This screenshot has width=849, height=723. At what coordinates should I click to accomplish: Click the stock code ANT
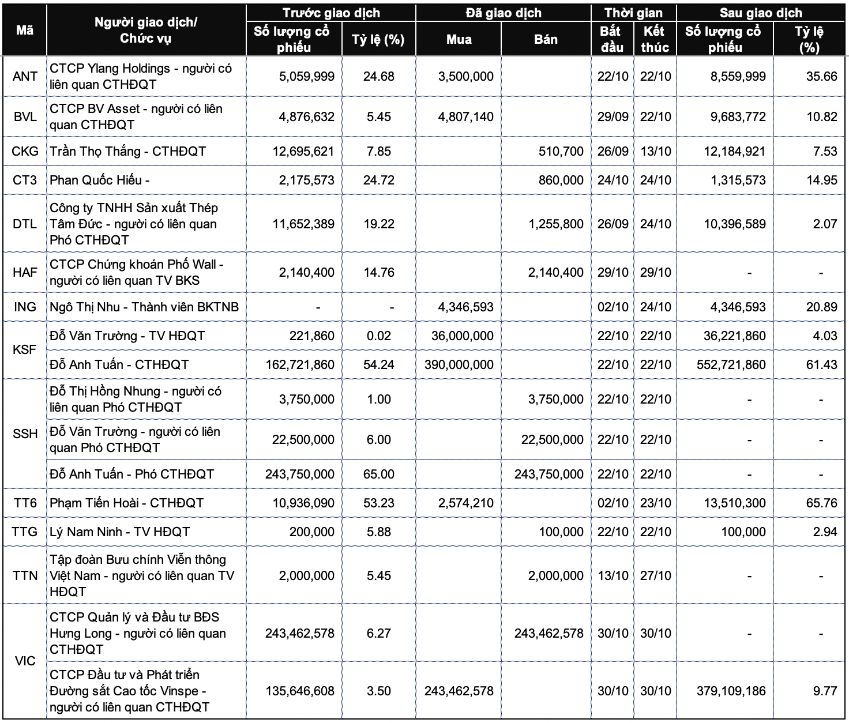pyautogui.click(x=25, y=76)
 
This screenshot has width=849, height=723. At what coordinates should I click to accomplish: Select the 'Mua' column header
pyautogui.click(x=459, y=39)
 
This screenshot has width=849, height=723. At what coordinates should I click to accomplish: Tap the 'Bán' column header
pyautogui.click(x=546, y=39)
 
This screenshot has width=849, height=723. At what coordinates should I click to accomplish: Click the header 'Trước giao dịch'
pyautogui.click(x=331, y=13)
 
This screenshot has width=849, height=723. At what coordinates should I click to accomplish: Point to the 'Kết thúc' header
pyautogui.click(x=655, y=39)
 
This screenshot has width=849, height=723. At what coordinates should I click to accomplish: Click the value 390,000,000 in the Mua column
pyautogui.click(x=459, y=364)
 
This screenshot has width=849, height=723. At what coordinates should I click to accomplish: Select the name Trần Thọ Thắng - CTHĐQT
pyautogui.click(x=128, y=151)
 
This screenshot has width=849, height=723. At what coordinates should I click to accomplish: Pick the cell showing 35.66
pyautogui.click(x=821, y=76)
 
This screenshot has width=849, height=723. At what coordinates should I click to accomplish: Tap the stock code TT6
pyautogui.click(x=25, y=503)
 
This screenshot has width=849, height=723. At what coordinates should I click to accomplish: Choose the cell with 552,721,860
pyautogui.click(x=731, y=364)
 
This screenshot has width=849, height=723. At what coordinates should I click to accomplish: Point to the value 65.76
pyautogui.click(x=821, y=503)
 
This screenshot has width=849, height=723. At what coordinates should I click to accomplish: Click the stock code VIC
pyautogui.click(x=25, y=661)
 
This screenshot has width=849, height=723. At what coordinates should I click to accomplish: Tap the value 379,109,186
pyautogui.click(x=731, y=691)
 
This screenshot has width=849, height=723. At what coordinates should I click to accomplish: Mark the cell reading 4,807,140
pyautogui.click(x=465, y=116)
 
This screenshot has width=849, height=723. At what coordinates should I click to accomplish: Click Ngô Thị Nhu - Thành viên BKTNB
pyautogui.click(x=144, y=307)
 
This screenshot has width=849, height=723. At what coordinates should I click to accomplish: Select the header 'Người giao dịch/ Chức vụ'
pyautogui.click(x=146, y=31)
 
